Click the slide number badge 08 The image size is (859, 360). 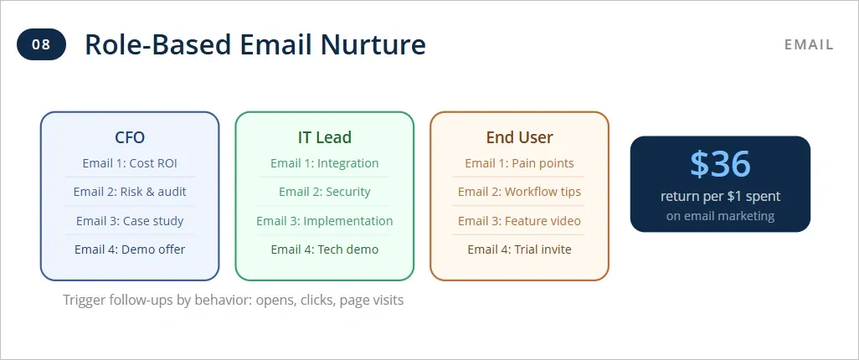41,44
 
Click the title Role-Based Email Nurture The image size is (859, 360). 255,44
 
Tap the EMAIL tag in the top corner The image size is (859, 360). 809,44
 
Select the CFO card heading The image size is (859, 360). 130,137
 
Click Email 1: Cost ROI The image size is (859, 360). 130,163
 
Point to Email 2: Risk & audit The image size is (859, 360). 130,192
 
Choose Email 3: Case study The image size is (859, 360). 130,221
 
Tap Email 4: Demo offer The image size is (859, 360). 130,249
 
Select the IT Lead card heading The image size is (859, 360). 324,137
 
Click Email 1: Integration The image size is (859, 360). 324,163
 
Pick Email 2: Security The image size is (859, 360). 324,192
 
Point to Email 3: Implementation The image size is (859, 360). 324,221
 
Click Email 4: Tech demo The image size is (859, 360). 324,249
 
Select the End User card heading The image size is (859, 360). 519,137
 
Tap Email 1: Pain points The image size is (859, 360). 519,163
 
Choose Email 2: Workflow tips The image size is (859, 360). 519,192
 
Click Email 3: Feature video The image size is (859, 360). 519,221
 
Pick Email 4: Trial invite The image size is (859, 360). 519,249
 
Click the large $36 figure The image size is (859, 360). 720,164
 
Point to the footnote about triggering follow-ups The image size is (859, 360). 233,300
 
